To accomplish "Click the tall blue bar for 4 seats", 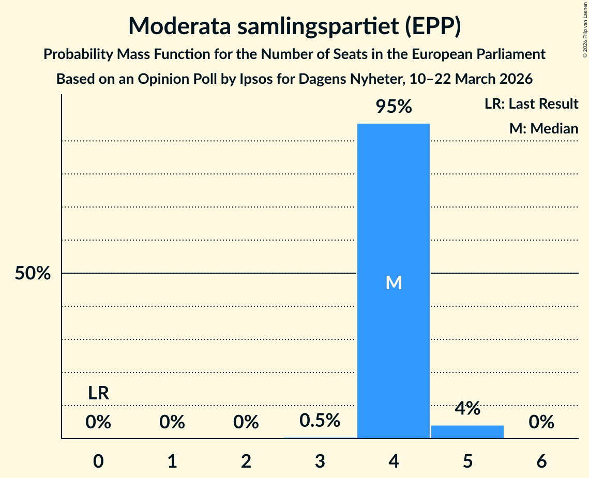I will [x=394, y=207].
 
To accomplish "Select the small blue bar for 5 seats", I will [x=467, y=432].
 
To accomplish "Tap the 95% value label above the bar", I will [x=394, y=107].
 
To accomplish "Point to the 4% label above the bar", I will [x=467, y=409].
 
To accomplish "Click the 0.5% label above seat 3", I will [x=320, y=421].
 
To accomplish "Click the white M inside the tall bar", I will [x=394, y=282].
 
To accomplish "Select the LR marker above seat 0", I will [x=98, y=393].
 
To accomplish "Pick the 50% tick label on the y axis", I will [x=33, y=274].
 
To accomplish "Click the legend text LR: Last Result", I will [x=531, y=104].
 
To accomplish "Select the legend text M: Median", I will [x=543, y=128].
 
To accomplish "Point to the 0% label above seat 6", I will [x=541, y=423].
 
